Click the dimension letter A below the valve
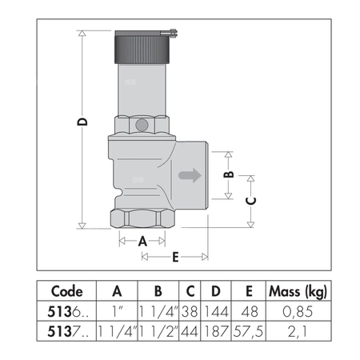click(x=143, y=240)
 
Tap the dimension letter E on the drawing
click(x=175, y=257)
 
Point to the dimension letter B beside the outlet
click(x=228, y=174)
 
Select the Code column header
click(x=66, y=291)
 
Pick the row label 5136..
click(x=66, y=310)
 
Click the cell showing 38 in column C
click(x=192, y=310)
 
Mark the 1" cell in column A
click(x=118, y=310)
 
